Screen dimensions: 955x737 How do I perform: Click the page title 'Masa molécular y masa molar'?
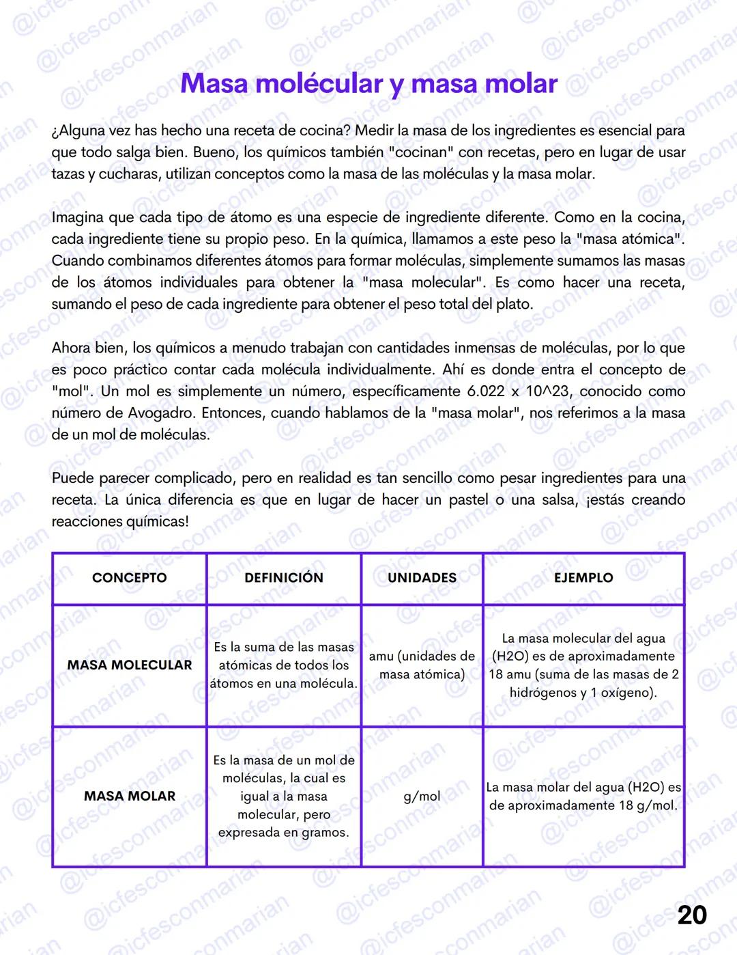(369, 83)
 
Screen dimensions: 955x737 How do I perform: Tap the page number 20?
(691, 915)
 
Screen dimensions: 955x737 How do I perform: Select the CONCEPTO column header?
(129, 578)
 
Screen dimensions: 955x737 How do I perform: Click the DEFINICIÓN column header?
(283, 578)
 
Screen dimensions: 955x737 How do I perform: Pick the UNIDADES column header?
(422, 578)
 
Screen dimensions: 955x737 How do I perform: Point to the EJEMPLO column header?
(583, 578)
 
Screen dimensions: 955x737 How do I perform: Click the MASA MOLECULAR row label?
(129, 665)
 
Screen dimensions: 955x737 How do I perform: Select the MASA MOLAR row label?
(129, 796)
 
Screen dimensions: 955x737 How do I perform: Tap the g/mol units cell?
(422, 797)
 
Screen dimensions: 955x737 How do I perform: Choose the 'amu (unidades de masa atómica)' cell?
(422, 665)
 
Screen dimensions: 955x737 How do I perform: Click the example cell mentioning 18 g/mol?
(583, 797)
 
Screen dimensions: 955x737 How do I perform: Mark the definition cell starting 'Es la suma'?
(283, 665)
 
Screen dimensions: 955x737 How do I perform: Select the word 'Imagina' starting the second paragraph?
(77, 218)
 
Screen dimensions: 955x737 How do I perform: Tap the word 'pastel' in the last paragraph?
(468, 500)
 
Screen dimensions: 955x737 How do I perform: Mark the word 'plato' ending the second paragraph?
(514, 304)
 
